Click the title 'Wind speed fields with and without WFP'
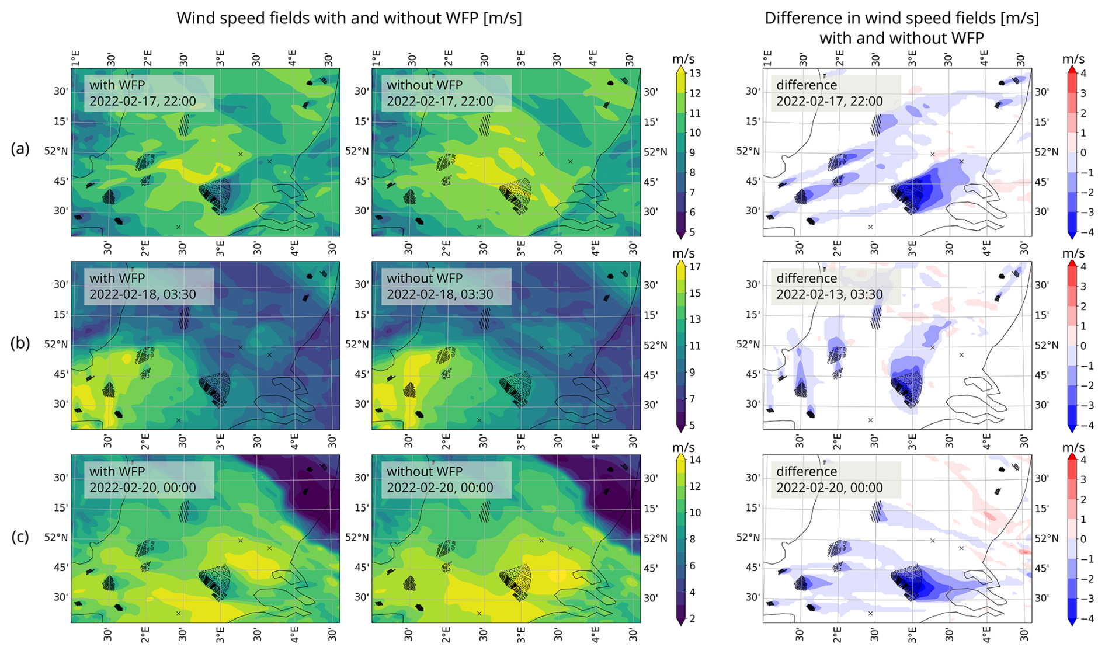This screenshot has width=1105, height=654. [349, 18]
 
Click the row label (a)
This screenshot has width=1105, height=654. [20, 149]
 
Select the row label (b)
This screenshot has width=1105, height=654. [20, 343]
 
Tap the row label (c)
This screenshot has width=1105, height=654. [20, 537]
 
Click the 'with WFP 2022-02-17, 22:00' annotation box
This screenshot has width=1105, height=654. [148, 93]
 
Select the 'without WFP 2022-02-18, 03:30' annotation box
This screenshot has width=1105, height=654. [446, 286]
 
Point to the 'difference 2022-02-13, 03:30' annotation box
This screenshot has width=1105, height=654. [835, 286]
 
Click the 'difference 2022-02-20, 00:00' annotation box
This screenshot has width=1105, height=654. [835, 479]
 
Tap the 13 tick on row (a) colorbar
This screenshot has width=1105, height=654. [695, 74]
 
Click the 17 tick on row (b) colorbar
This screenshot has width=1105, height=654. [695, 267]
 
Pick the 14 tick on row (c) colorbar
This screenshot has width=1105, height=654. [695, 460]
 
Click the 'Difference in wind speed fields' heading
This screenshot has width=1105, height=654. [901, 18]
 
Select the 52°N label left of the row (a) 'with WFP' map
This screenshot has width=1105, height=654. [56, 151]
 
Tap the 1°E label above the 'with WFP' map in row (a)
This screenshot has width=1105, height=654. [75, 58]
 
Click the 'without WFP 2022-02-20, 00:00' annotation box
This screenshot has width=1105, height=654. [446, 479]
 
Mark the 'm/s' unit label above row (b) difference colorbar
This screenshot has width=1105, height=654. [1073, 253]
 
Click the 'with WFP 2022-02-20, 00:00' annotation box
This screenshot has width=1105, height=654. [148, 479]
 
